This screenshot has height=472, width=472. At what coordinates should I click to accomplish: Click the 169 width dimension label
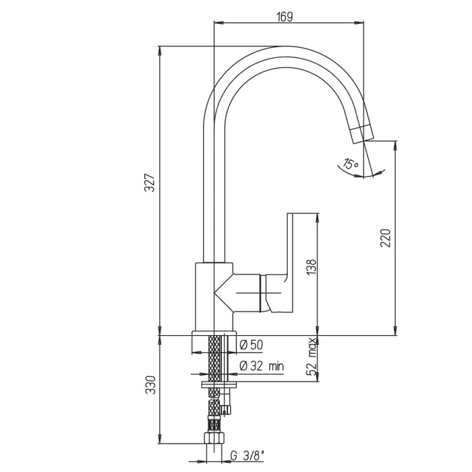[x=285, y=17]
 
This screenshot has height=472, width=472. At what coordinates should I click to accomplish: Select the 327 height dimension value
[x=150, y=183]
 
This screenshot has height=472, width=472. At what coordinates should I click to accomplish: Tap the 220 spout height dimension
[x=385, y=238]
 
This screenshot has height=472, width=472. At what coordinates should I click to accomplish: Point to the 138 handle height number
[x=312, y=267]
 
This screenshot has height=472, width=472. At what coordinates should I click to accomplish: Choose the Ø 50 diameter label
[x=252, y=345]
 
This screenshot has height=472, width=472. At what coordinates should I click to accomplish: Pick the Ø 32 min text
[x=262, y=366]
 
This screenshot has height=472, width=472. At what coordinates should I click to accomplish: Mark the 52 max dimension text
[x=312, y=357]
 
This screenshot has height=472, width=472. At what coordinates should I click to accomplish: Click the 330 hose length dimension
[x=150, y=385]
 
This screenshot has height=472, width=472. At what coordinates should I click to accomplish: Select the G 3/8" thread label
[x=247, y=456]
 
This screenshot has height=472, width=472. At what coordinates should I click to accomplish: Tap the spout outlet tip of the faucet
[x=363, y=134]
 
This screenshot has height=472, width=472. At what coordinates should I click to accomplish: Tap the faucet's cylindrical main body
[x=214, y=297]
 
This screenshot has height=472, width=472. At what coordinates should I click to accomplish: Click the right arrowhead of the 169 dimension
[x=359, y=22]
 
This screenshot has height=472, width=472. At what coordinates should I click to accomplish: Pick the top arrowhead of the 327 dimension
[x=160, y=51]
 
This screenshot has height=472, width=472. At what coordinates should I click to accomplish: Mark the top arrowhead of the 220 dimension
[x=394, y=145]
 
